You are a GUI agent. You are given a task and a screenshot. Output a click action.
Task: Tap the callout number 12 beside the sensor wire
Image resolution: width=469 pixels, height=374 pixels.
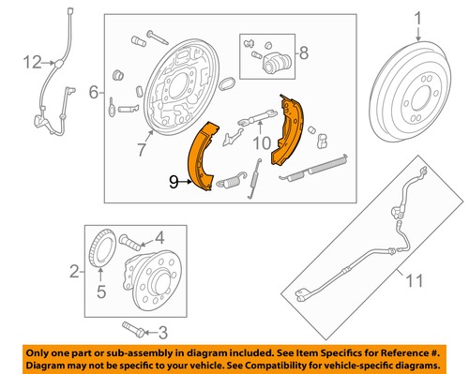[33, 62]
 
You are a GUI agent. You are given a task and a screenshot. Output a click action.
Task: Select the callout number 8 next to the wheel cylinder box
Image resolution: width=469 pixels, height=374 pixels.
[304, 52]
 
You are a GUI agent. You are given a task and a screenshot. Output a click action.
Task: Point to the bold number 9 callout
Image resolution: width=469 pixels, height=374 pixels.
[174, 182]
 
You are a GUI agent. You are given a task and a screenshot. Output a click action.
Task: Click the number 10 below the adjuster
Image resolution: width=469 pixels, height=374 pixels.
[262, 143]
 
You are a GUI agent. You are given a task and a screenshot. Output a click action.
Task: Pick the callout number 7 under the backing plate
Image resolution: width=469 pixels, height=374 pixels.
[142, 150]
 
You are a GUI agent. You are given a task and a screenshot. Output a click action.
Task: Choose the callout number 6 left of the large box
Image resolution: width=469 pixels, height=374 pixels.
[94, 92]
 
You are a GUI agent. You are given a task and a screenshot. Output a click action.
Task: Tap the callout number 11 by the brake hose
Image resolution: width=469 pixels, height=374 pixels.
[414, 280]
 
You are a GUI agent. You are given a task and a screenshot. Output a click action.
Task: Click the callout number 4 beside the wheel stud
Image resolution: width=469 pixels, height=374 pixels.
[159, 238]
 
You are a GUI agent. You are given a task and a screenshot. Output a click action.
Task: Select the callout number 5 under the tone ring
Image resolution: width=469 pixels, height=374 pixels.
[101, 292]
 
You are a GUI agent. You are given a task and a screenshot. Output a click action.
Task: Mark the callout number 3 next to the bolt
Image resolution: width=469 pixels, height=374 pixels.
[162, 333]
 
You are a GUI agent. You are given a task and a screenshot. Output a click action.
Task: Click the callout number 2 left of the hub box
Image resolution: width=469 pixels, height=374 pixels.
[74, 271]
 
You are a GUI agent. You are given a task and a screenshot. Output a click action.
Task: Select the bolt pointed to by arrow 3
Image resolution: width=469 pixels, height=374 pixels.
[133, 329]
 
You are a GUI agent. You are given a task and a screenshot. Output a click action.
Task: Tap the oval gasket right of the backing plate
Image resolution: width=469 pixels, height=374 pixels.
[226, 83]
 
